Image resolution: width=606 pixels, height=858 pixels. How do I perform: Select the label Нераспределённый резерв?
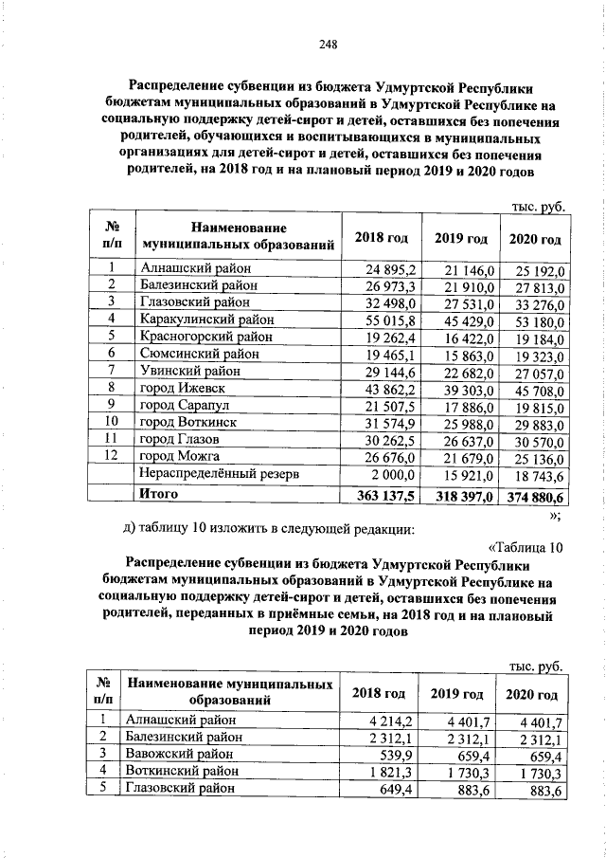[219, 472]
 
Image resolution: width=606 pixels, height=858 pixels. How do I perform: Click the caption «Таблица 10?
[526, 545]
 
